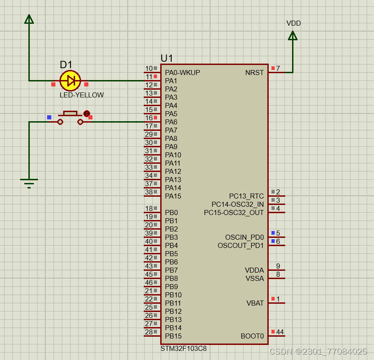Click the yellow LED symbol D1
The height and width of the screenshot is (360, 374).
(70, 81)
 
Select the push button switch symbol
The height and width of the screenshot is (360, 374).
(70, 118)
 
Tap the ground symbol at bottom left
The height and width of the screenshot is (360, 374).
(29, 183)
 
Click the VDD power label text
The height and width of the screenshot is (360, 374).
(293, 23)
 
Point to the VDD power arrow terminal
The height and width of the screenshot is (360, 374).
(293, 36)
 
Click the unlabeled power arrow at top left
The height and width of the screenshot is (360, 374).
(29, 19)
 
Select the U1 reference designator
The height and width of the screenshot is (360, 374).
(167, 58)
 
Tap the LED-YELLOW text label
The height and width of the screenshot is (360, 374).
(81, 95)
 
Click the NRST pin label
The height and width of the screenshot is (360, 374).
(255, 73)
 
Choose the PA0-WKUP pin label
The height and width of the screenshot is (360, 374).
(182, 73)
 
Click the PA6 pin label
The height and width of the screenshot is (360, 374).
(171, 122)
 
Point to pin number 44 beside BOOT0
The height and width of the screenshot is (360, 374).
(280, 332)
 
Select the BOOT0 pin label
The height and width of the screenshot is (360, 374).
(252, 336)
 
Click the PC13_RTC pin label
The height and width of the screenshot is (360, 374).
(246, 196)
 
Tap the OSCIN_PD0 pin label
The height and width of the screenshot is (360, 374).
(244, 237)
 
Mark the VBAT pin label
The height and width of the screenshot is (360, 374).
(255, 303)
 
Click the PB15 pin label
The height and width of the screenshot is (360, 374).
(173, 336)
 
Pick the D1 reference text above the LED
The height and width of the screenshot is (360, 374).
(66, 65)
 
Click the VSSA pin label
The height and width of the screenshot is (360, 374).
(255, 279)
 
